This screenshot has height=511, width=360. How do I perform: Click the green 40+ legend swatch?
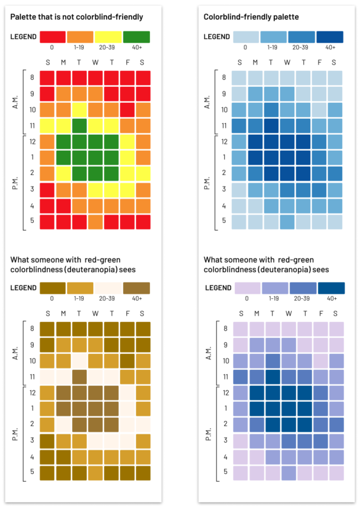[136, 36]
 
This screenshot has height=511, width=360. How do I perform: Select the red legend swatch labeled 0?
[52, 36]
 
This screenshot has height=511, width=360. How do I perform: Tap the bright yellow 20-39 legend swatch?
[108, 36]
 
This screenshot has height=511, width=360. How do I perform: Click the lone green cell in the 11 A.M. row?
[79, 124]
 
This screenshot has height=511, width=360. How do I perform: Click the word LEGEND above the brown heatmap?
[23, 287]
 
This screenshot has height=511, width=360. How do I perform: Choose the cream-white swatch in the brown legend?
[108, 287]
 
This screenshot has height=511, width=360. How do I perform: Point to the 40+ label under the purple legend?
[330, 298]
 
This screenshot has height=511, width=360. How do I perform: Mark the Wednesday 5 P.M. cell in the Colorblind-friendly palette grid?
[287, 222]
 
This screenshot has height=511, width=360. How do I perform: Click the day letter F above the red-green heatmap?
[127, 62]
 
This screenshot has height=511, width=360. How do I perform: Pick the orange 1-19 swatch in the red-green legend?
[80, 36]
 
